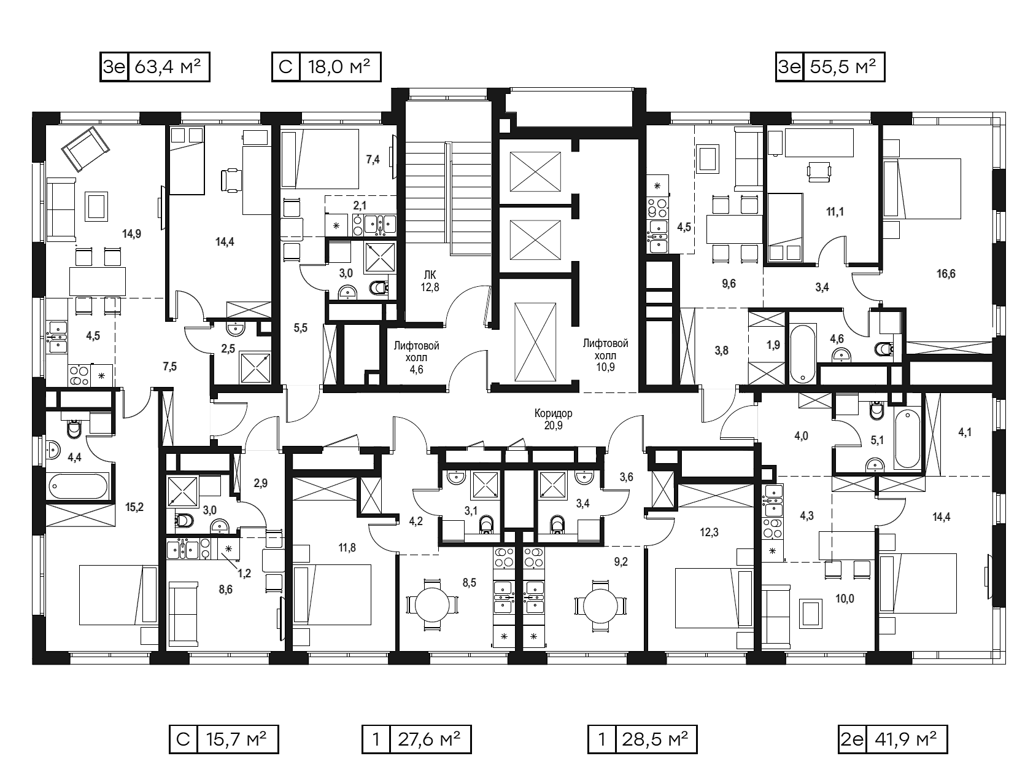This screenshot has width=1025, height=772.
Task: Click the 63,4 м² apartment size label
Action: tap(168, 67)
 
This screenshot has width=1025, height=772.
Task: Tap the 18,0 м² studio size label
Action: tap(339, 67)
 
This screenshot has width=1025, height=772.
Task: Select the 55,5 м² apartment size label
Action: tap(843, 67)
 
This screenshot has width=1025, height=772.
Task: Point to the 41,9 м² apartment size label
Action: tap(906, 739)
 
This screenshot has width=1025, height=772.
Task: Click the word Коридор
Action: tap(554, 413)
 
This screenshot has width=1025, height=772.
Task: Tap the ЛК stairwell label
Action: tap(430, 275)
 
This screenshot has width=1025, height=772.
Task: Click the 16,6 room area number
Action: tap(946, 274)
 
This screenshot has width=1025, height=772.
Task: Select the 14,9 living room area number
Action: tap(132, 234)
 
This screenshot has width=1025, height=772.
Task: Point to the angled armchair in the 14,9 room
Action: tap(86, 149)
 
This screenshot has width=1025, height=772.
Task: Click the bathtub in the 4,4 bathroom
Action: tap(79, 486)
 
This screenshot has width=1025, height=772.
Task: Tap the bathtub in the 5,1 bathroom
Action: tap(907, 439)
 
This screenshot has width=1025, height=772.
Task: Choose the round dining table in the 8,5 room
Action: tap(432, 605)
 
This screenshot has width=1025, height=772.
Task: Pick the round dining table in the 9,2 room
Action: tap(600, 605)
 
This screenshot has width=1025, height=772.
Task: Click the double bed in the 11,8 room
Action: tap(332, 595)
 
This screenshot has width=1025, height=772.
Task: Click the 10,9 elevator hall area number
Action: tap(605, 367)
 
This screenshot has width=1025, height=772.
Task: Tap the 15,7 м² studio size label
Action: tap(236, 739)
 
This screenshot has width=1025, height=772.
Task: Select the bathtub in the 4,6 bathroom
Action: tap(803, 354)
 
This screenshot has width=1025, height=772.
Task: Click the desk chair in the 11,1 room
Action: tap(819, 171)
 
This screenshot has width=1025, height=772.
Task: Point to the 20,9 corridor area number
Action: tap(554, 425)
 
